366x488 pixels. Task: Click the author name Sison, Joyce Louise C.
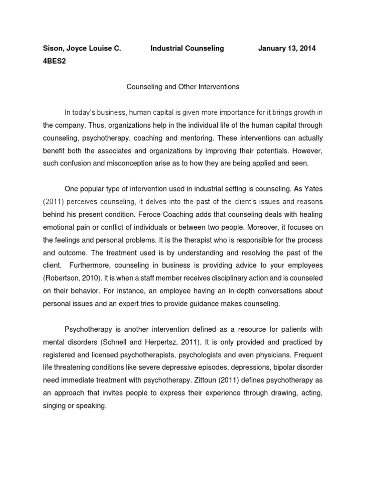coord(81,49)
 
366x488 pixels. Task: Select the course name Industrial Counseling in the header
coord(187,49)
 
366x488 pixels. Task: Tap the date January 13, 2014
coord(286,49)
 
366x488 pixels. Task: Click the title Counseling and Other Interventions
coord(183,87)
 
